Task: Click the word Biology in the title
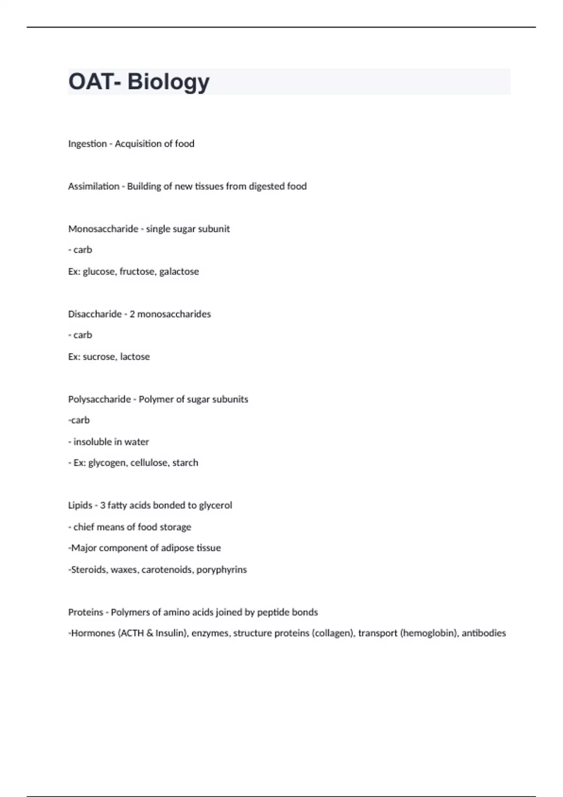pyautogui.click(x=168, y=82)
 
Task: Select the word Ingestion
pyautogui.click(x=87, y=144)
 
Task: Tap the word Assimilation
pyautogui.click(x=94, y=186)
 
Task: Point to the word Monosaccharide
pyautogui.click(x=103, y=229)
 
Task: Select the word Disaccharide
pyautogui.click(x=95, y=314)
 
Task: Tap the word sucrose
pyautogui.click(x=99, y=357)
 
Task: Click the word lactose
pyautogui.click(x=135, y=357)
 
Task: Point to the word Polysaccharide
pyautogui.click(x=99, y=399)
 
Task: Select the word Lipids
pyautogui.click(x=80, y=505)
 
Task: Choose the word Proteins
pyautogui.click(x=85, y=612)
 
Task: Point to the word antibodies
pyautogui.click(x=484, y=633)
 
